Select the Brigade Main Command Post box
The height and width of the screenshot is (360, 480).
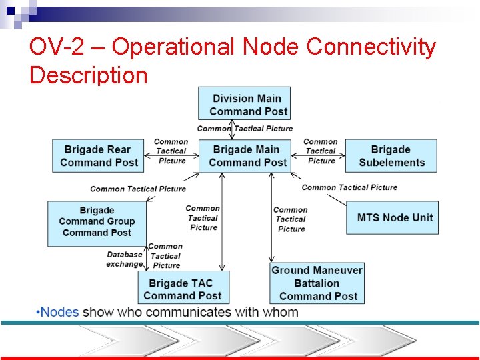[x=247, y=156]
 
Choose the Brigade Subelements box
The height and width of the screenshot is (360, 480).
[x=391, y=156]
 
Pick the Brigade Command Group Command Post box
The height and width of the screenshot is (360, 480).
[x=97, y=222]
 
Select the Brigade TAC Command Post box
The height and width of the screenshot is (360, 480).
[x=182, y=289]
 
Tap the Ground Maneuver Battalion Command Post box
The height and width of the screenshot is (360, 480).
[x=317, y=283]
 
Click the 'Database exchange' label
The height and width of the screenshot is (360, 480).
[x=124, y=259]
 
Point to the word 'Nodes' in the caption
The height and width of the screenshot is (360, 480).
[x=61, y=312]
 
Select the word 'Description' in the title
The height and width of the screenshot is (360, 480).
[x=89, y=75]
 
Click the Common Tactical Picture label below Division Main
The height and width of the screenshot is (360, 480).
[x=245, y=128]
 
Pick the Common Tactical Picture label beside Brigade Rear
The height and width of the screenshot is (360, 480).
[x=171, y=151]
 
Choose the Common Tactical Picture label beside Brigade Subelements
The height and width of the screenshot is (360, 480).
[x=321, y=151]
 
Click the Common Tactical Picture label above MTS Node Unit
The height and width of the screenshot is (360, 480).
[x=349, y=187]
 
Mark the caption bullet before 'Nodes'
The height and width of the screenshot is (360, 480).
[x=39, y=312]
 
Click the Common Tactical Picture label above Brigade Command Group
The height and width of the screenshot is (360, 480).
[x=138, y=189]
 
